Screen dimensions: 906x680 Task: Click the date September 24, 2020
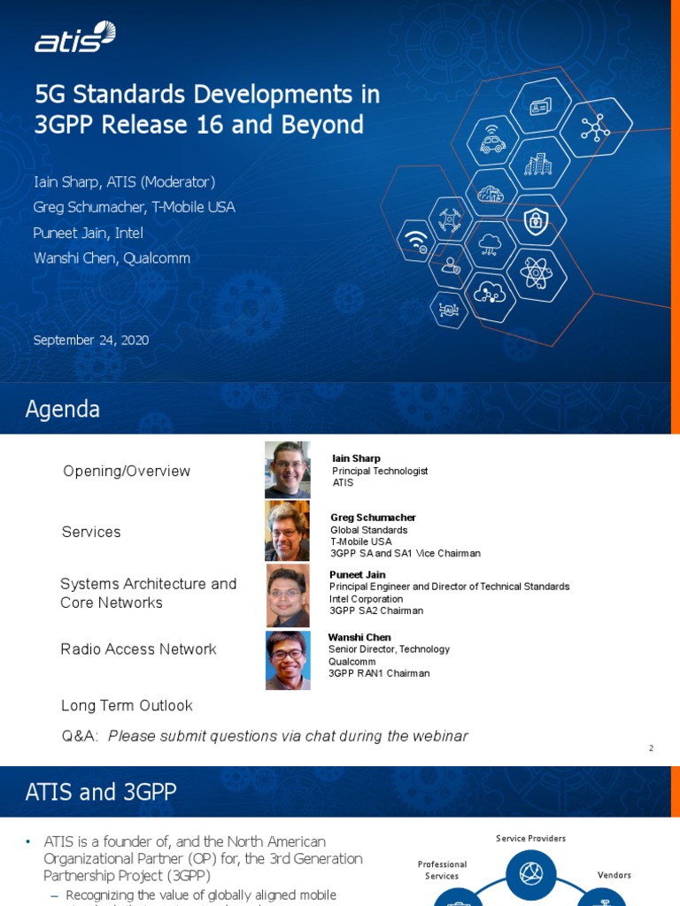coord(90,340)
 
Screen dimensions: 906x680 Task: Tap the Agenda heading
coord(62,410)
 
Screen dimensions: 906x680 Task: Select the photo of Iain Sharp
coord(287,470)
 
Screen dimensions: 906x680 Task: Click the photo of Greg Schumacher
coord(287,531)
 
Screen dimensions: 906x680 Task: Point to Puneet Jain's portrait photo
coord(288,595)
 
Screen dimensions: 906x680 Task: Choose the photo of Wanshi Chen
coord(288,660)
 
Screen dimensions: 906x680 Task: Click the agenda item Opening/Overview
coord(127,471)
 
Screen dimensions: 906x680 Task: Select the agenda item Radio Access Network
coord(138,649)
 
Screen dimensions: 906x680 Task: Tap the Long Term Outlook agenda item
coord(127,705)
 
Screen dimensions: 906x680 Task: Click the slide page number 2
coord(651,749)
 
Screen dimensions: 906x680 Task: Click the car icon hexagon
coord(491,141)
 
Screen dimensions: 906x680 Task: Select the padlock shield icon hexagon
coord(536,220)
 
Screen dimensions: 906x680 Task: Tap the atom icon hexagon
coord(537,273)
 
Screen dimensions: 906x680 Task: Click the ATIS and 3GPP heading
coord(101,792)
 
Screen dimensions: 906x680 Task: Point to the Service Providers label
coord(530,838)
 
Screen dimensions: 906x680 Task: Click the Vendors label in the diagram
coord(614,875)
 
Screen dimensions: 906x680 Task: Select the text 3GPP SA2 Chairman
coord(376,610)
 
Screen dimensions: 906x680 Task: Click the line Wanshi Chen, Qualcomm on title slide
coord(112,258)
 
